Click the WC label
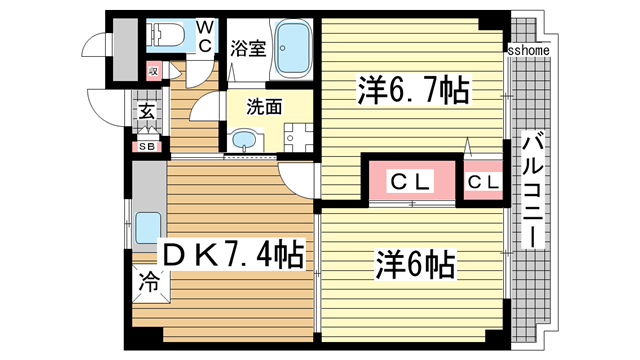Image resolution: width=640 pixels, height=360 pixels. tap(203, 35)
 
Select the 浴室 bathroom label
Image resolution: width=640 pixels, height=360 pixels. tap(247, 47)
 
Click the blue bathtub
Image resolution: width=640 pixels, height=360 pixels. tap(294, 48)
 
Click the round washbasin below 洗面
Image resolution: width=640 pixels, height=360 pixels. tap(244, 140)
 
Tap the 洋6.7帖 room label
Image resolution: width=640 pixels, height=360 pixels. tap(410, 91)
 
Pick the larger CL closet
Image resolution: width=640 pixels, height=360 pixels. tap(409, 182)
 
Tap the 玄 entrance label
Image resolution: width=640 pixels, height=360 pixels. tap(146, 113)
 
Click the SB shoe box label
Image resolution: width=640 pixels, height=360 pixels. tap(147, 147)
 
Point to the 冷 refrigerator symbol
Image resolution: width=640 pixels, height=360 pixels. tap(148, 281)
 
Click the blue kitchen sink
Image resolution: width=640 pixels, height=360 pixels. tap(147, 228)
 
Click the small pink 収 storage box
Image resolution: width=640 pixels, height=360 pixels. tap(153, 71)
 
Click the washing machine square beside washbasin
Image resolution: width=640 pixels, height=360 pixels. tap(295, 136)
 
